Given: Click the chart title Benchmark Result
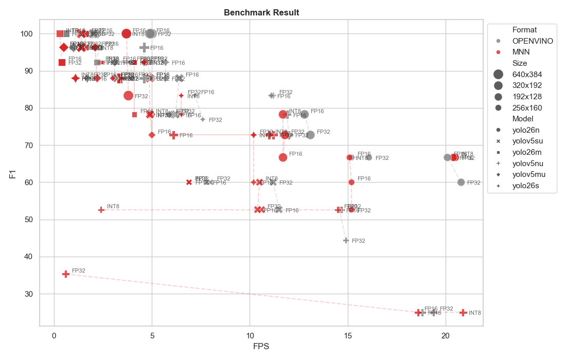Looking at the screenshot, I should click(261, 12).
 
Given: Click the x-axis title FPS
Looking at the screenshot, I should click(261, 346).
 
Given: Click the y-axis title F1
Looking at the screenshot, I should click(12, 174).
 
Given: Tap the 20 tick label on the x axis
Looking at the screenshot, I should click(446, 335).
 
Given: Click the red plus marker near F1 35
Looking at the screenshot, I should click(66, 274).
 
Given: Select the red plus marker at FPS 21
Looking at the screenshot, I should click(463, 313).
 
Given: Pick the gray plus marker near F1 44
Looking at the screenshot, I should click(346, 240).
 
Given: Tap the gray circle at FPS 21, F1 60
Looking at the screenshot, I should click(461, 182).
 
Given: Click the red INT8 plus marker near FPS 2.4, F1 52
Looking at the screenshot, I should click(101, 210).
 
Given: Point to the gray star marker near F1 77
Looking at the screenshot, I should click(203, 119).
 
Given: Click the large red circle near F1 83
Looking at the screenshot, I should click(129, 95).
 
